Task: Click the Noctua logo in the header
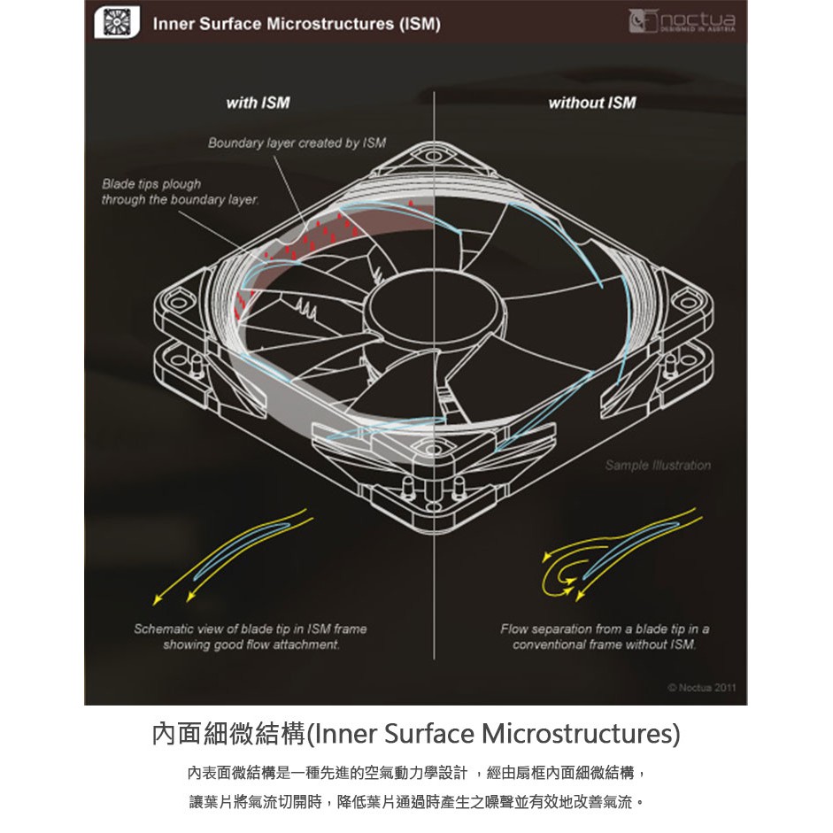(x=683, y=22)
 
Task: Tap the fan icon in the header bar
(x=117, y=22)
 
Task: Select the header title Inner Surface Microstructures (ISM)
(x=297, y=24)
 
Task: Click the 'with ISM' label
(x=258, y=103)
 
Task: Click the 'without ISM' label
(x=592, y=103)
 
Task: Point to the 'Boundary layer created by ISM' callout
(x=297, y=143)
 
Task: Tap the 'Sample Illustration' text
(x=658, y=466)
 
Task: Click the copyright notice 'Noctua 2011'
(x=702, y=688)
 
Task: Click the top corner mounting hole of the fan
(x=433, y=156)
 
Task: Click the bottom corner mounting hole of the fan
(x=433, y=450)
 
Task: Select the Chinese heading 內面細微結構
(x=229, y=734)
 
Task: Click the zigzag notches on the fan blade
(x=306, y=307)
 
